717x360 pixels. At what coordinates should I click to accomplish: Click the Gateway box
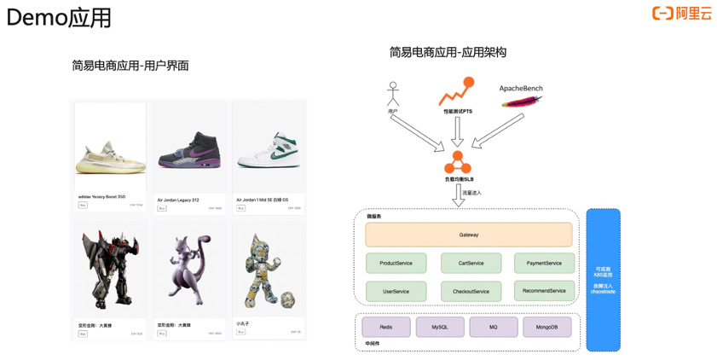click(x=469, y=235)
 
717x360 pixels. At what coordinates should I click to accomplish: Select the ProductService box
click(x=396, y=263)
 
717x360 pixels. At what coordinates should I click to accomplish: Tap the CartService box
click(x=471, y=263)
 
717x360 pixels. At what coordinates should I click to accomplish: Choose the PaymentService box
click(x=544, y=263)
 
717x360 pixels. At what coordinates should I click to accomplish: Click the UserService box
click(x=396, y=291)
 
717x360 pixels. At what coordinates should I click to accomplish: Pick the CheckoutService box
click(x=471, y=291)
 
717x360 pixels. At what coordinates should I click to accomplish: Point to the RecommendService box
click(x=544, y=290)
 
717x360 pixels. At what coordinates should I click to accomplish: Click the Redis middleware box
click(x=386, y=327)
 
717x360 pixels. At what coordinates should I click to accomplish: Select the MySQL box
click(x=440, y=327)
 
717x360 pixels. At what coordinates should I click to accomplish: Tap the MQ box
click(x=494, y=327)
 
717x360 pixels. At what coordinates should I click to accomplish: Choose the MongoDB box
click(x=546, y=327)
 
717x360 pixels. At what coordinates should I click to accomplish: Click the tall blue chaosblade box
click(x=603, y=280)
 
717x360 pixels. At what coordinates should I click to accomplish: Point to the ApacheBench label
click(x=521, y=89)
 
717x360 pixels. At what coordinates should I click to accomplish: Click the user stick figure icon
click(x=393, y=94)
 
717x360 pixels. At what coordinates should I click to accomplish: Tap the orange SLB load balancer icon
click(x=458, y=162)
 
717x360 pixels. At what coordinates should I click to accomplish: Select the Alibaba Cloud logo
click(x=682, y=13)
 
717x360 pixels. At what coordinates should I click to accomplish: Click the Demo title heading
click(x=58, y=17)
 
